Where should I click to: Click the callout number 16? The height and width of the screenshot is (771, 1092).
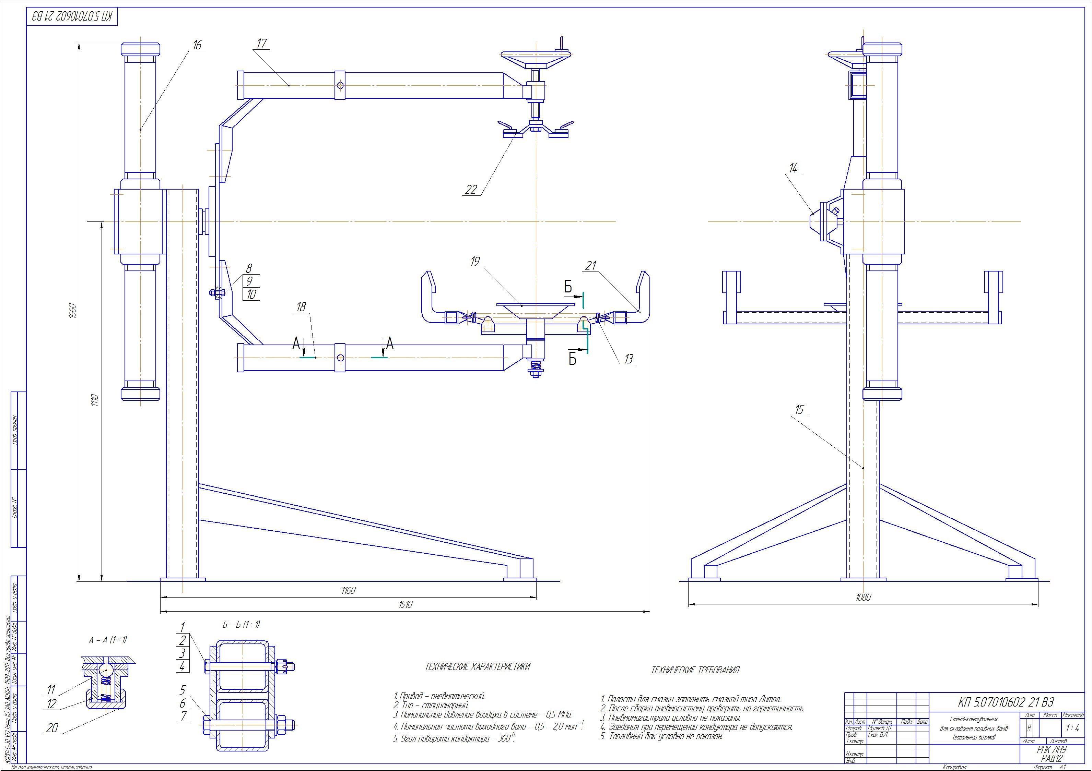coord(197,45)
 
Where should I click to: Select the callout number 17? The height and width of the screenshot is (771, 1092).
coord(261,43)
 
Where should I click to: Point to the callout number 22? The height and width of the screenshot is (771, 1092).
coord(470,190)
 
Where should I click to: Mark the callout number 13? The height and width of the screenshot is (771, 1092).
coord(629,359)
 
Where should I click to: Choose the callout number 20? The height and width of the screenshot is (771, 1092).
coord(52,728)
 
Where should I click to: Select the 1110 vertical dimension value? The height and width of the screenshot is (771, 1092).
coord(95,400)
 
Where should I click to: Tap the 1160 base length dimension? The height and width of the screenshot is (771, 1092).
coord(348,590)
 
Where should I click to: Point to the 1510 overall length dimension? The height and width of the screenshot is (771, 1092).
coord(405,605)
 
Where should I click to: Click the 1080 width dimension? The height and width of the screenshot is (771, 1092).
coord(863,598)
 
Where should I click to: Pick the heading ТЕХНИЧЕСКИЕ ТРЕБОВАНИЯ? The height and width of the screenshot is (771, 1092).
coord(695,670)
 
